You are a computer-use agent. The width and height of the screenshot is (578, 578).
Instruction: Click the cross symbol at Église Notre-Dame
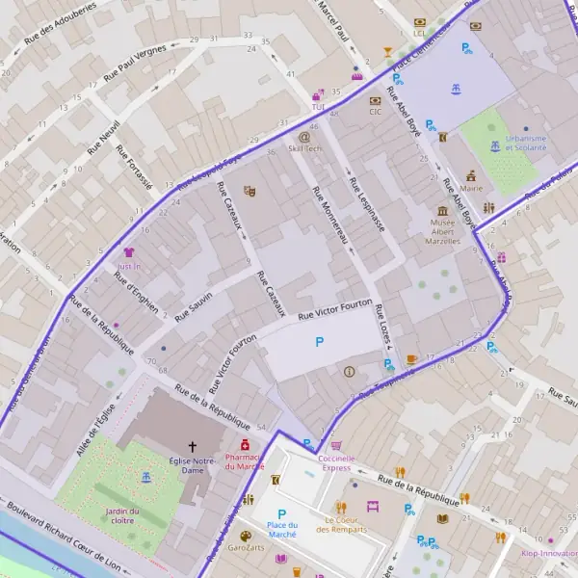point(192,446)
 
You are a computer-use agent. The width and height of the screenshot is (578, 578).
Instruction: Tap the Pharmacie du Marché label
point(244,461)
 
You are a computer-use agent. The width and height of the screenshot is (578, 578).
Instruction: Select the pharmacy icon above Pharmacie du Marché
point(245,445)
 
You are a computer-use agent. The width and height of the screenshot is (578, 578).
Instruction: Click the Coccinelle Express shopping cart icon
point(336,446)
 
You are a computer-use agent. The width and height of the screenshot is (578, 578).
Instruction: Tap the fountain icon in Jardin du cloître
point(145,477)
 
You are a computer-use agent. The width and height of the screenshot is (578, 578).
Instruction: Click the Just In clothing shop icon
point(129,251)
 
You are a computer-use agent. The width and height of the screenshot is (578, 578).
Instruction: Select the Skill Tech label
point(305,149)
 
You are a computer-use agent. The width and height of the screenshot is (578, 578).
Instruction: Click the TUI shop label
point(318,94)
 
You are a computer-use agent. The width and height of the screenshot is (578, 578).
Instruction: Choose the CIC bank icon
point(376,99)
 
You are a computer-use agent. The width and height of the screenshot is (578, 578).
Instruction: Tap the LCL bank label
point(419,33)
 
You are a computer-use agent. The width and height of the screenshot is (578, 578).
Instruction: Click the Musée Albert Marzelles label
point(442,231)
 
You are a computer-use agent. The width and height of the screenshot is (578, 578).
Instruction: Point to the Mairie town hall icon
point(471,176)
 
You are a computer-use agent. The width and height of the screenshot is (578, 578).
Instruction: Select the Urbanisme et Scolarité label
point(526,143)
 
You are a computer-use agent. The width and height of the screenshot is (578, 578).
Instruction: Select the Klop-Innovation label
point(549,554)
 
